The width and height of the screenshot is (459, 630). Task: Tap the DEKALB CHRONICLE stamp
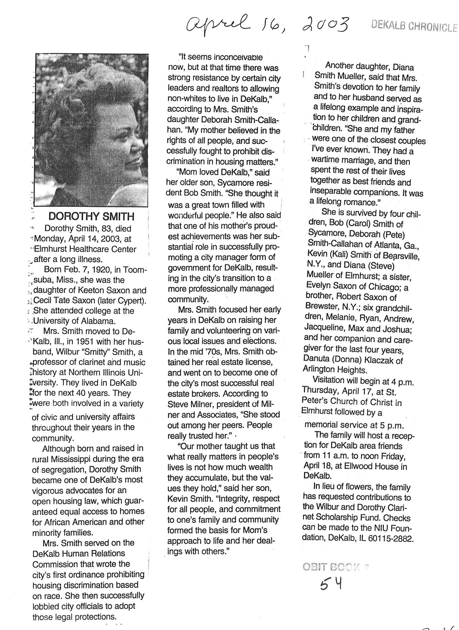pos(414,27)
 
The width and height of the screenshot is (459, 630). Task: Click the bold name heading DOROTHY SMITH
pos(91,216)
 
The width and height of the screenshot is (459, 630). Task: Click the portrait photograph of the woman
pos(92,130)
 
